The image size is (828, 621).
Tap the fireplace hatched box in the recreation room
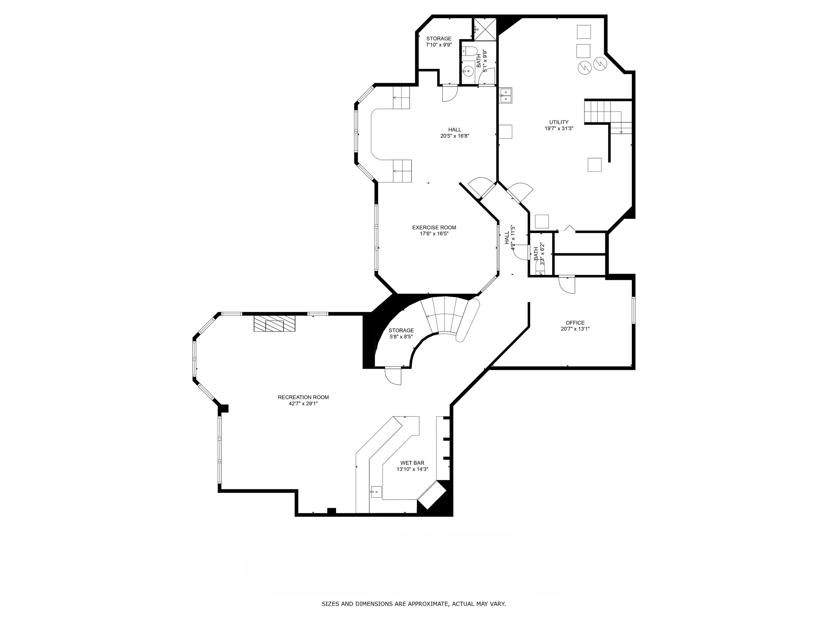click(275, 323)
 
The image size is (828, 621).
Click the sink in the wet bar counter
click(376, 492)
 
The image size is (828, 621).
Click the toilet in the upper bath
click(469, 51)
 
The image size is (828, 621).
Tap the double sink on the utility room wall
click(505, 95)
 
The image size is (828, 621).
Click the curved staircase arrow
click(429, 316)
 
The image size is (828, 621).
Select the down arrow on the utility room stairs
click(621, 131)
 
